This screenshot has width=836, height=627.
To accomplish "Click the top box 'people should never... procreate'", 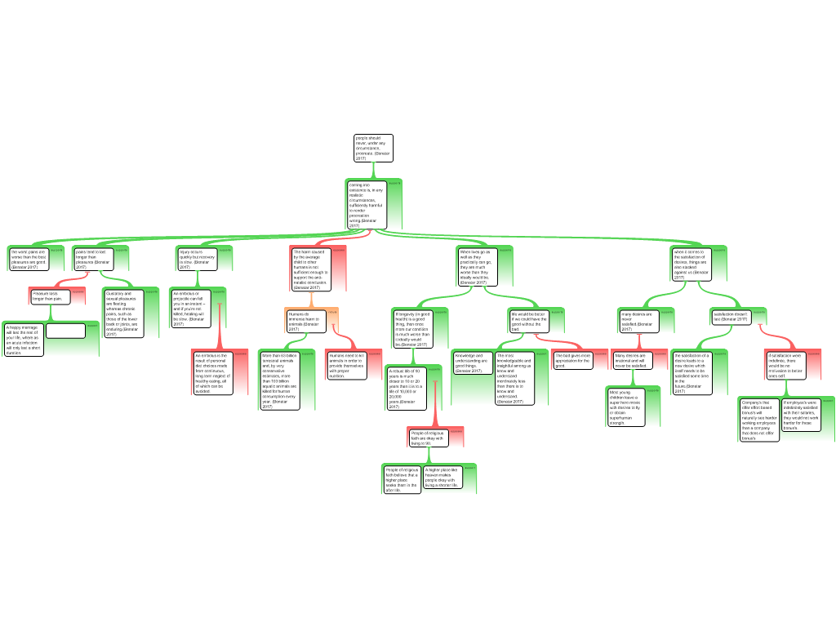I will [373, 148].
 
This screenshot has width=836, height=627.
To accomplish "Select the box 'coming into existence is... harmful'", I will [364, 204].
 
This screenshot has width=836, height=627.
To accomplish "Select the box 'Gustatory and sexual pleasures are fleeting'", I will [121, 313].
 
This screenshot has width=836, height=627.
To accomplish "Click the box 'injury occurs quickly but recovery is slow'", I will [196, 259].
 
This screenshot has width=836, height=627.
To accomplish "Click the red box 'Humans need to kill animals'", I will [347, 365].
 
